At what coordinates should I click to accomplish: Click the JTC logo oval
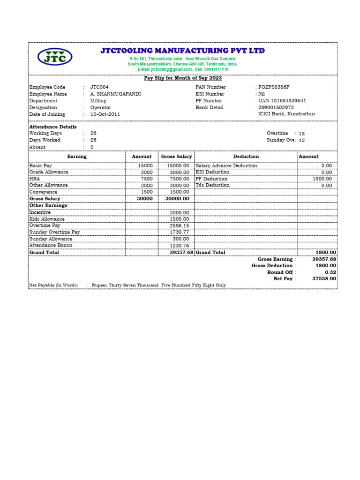55,57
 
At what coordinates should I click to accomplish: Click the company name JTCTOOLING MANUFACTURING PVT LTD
182,51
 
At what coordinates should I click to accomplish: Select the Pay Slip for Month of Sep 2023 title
182,78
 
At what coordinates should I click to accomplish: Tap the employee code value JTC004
99,87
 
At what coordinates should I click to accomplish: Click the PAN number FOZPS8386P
274,87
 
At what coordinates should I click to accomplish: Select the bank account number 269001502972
276,107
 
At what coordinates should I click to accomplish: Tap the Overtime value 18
302,134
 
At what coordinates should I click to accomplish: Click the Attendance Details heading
53,127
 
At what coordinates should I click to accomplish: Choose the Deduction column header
246,157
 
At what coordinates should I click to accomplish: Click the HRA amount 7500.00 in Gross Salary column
179,179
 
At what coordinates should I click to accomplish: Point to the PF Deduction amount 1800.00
322,179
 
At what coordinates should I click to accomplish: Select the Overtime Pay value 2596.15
180,225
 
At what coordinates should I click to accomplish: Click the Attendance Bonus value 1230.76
180,246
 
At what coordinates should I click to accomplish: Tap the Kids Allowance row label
47,219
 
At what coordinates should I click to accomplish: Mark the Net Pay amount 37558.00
324,278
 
